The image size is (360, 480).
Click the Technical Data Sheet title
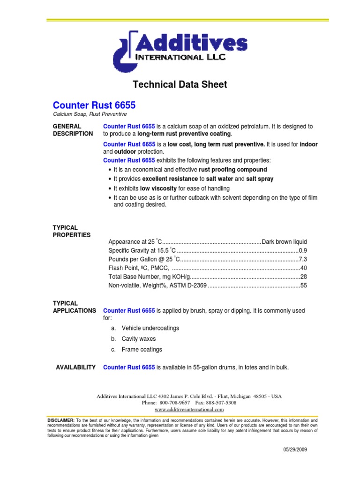tap(180, 85)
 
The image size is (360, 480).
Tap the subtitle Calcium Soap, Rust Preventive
tap(90, 114)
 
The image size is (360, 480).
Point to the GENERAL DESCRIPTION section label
tap(72, 130)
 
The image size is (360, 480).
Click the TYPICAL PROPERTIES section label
tap(71, 231)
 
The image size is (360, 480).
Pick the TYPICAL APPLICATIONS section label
tap(74, 307)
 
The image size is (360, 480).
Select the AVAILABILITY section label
tap(76, 367)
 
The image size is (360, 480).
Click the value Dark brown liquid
tap(284, 242)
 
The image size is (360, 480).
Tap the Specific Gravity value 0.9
tap(303, 250)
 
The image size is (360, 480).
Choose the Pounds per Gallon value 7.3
tap(303, 259)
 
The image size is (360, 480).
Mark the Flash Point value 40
tap(303, 268)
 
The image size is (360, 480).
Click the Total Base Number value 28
tap(303, 277)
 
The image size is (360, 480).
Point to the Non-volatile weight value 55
tap(303, 285)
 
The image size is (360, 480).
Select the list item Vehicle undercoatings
tap(150, 328)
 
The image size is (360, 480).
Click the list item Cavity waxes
tap(138, 339)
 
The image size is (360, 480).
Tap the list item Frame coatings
tap(142, 350)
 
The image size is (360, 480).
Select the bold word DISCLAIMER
tap(61, 420)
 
